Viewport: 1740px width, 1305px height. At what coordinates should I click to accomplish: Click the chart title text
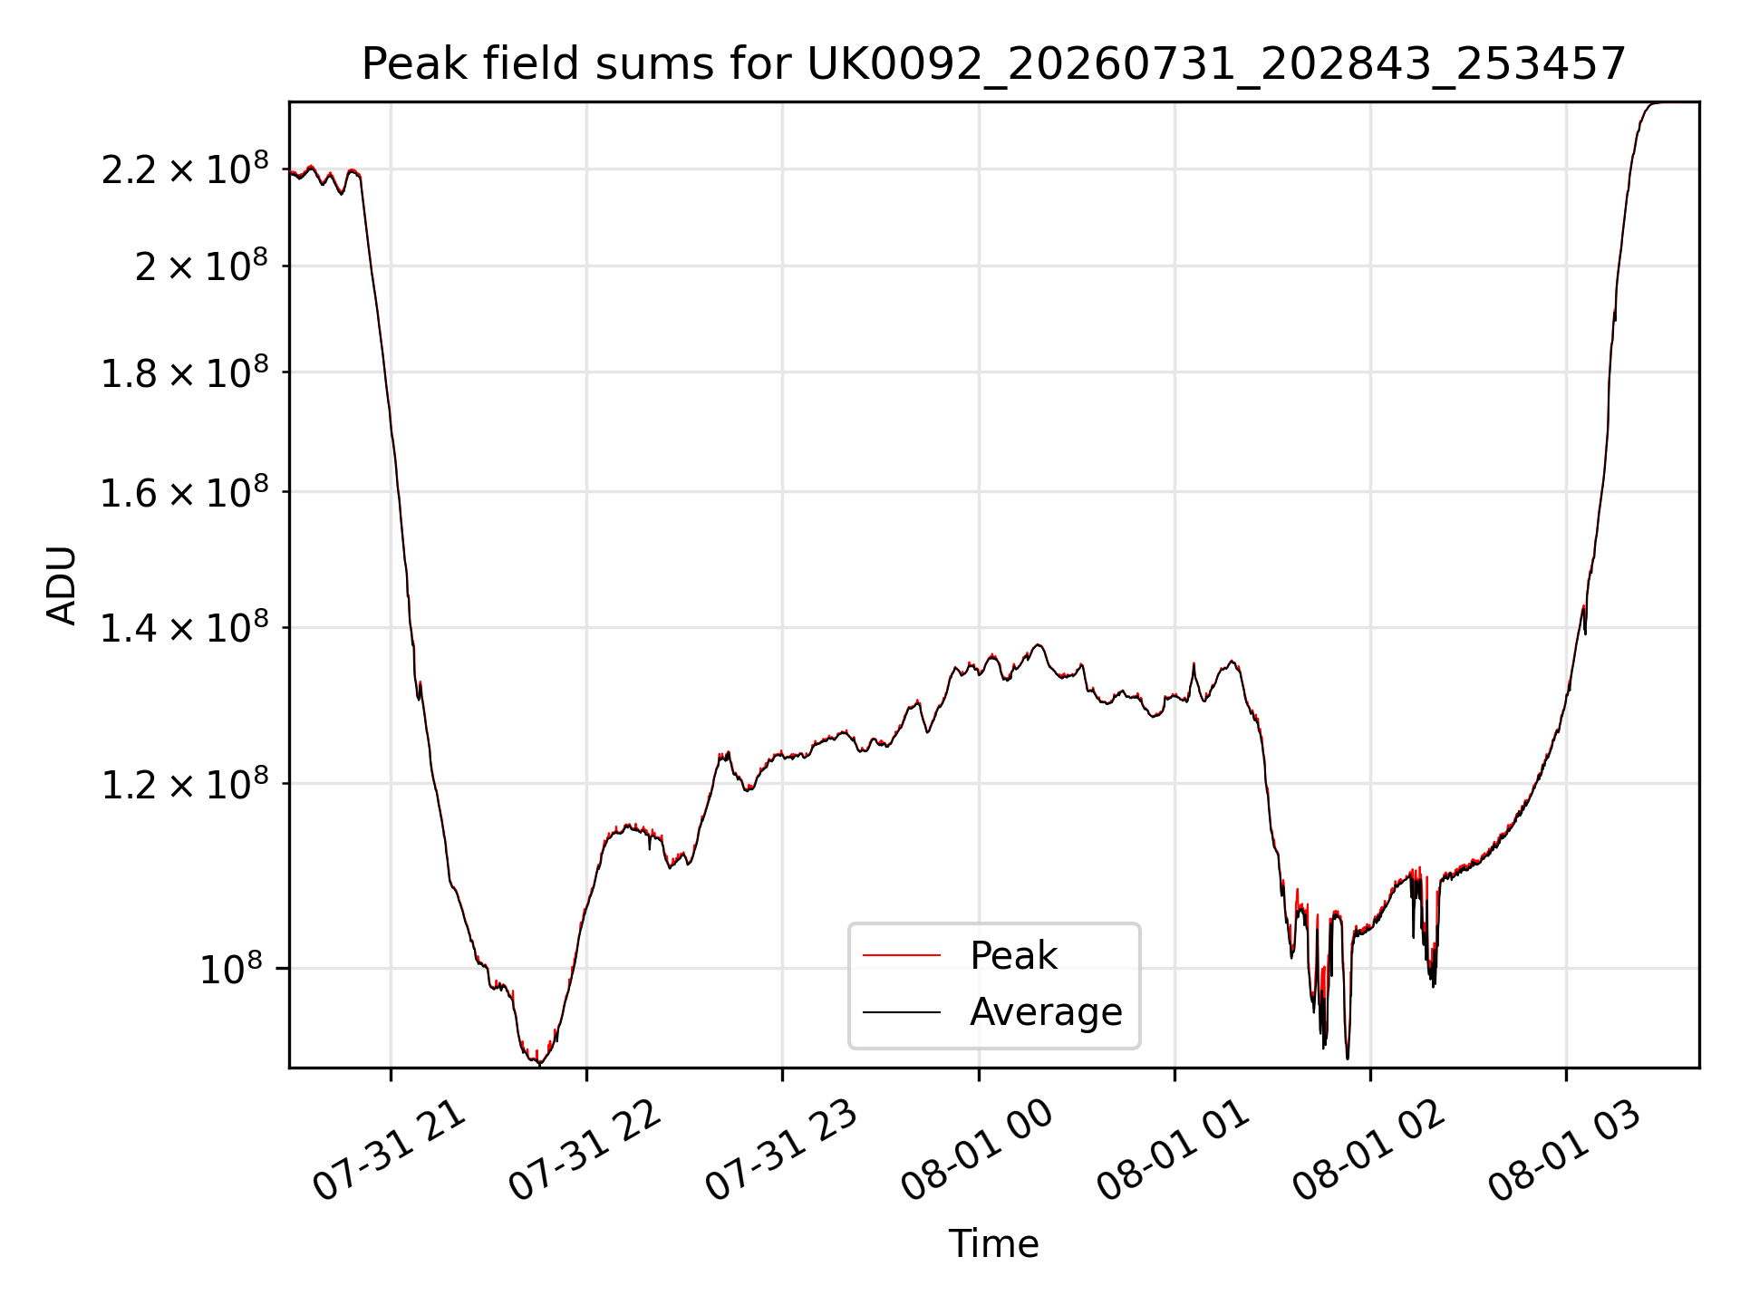994,64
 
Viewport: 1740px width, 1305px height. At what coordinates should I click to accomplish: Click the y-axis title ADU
62,585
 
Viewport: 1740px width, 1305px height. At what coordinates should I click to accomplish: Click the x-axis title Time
993,1244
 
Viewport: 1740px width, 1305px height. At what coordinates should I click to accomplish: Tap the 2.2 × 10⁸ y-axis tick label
185,169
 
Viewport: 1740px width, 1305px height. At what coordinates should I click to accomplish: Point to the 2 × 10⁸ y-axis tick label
202,266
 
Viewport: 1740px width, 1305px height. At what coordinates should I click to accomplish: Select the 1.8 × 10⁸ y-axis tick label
185,372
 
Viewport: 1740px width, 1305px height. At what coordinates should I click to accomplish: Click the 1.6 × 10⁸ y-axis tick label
185,492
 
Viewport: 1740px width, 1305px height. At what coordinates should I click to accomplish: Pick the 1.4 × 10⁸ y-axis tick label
185,627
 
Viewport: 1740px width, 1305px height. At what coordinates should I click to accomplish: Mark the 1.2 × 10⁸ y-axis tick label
185,783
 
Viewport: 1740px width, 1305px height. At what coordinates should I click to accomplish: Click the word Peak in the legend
1013,955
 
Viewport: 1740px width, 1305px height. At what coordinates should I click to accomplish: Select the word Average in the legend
1046,1011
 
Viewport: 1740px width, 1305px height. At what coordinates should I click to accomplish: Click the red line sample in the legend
902,955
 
